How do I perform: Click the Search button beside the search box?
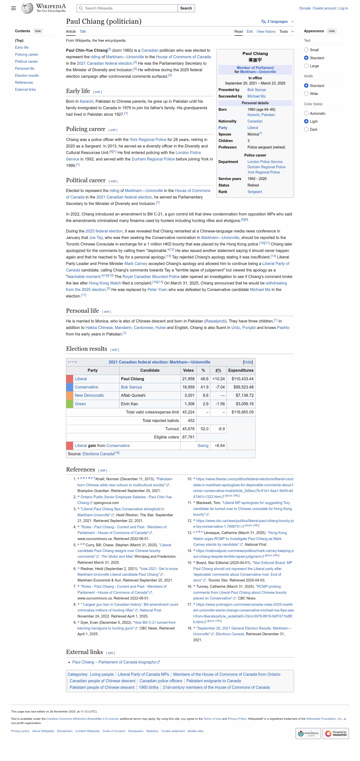[x=186, y=8]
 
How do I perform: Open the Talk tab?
[x=83, y=31]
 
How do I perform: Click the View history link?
[x=266, y=31]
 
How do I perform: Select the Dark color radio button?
[x=306, y=129]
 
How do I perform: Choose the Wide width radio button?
[x=306, y=94]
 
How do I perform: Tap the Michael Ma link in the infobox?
[x=256, y=96]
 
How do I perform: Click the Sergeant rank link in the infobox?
[x=254, y=192]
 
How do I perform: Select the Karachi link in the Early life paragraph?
[x=86, y=101]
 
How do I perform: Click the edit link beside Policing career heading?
[x=113, y=130]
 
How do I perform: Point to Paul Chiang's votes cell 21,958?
[x=188, y=379]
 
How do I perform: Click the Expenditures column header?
[x=241, y=370]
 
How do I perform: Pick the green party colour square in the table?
[x=70, y=403]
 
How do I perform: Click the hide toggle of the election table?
[x=247, y=362]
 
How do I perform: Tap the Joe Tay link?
[x=96, y=237]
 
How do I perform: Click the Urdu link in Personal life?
[x=235, y=327]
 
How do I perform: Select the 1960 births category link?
[x=148, y=687]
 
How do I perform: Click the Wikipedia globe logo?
[x=27, y=8]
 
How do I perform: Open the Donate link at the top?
[x=304, y=8]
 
